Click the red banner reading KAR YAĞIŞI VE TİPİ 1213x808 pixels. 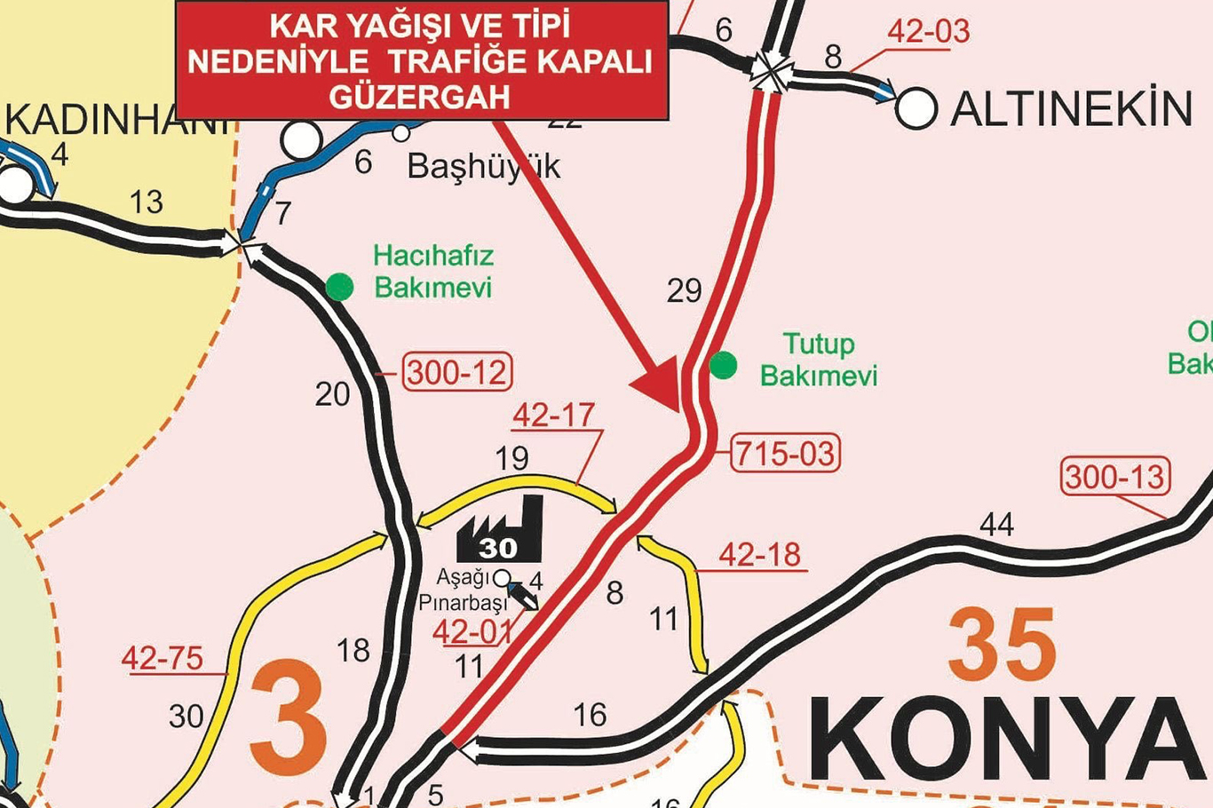[x=421, y=60]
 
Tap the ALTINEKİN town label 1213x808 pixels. [x=1071, y=109]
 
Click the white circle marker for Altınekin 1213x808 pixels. [x=916, y=108]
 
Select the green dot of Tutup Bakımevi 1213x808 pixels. [x=724, y=365]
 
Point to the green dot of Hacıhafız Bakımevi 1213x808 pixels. [x=339, y=287]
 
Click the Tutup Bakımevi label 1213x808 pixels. [x=819, y=360]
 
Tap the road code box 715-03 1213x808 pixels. [x=785, y=454]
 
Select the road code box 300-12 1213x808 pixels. [x=457, y=372]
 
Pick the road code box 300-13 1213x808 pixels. [x=1115, y=477]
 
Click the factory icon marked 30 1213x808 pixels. [x=500, y=531]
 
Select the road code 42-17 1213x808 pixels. [x=553, y=416]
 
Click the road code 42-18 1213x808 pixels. [x=759, y=555]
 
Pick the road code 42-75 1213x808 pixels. [x=163, y=659]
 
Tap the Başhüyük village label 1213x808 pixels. [x=484, y=166]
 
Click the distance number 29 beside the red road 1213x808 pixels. [x=684, y=290]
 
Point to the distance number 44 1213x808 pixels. [x=996, y=525]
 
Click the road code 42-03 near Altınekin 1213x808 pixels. [x=929, y=31]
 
